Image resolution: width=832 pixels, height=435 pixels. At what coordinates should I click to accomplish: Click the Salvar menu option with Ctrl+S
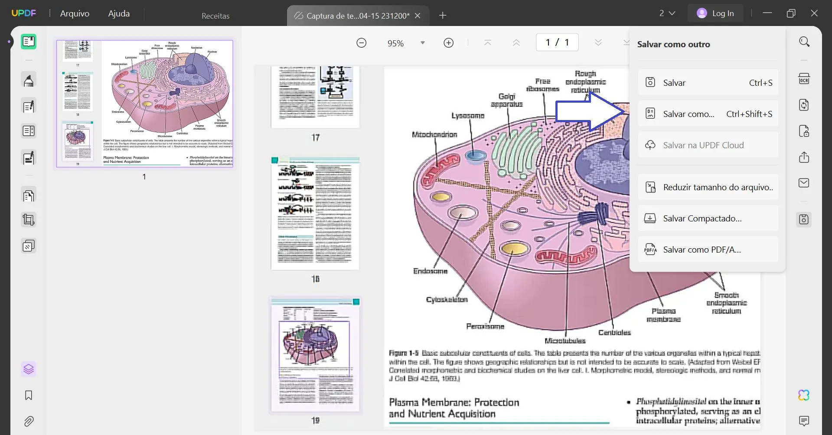point(708,83)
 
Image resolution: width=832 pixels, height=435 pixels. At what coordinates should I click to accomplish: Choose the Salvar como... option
point(708,114)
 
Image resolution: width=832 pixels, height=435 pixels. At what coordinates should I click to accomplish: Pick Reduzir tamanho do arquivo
point(708,187)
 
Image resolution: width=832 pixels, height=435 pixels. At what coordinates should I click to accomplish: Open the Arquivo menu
point(75,13)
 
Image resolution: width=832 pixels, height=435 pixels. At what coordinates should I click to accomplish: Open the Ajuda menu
point(119,13)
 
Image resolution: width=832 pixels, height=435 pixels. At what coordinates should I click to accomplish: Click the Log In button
point(715,13)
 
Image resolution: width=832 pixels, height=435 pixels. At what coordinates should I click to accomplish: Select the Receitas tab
point(215,16)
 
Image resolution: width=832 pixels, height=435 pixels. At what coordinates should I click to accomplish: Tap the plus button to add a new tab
point(443,16)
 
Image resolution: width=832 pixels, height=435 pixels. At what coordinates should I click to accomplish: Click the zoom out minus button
point(362,43)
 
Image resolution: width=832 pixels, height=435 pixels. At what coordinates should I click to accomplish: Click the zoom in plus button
point(449,43)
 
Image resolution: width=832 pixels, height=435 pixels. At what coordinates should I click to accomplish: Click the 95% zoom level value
point(395,43)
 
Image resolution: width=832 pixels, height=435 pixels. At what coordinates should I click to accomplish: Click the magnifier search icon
point(804,42)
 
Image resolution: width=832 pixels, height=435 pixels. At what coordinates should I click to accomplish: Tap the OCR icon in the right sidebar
point(804,79)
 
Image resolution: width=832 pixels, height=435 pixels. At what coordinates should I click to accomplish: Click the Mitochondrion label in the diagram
point(434,135)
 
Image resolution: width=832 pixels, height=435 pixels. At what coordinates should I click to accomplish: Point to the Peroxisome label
point(485,326)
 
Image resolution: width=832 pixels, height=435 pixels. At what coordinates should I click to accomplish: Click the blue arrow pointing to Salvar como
point(590,112)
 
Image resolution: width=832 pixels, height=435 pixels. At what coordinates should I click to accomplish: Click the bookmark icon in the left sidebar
point(29,395)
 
